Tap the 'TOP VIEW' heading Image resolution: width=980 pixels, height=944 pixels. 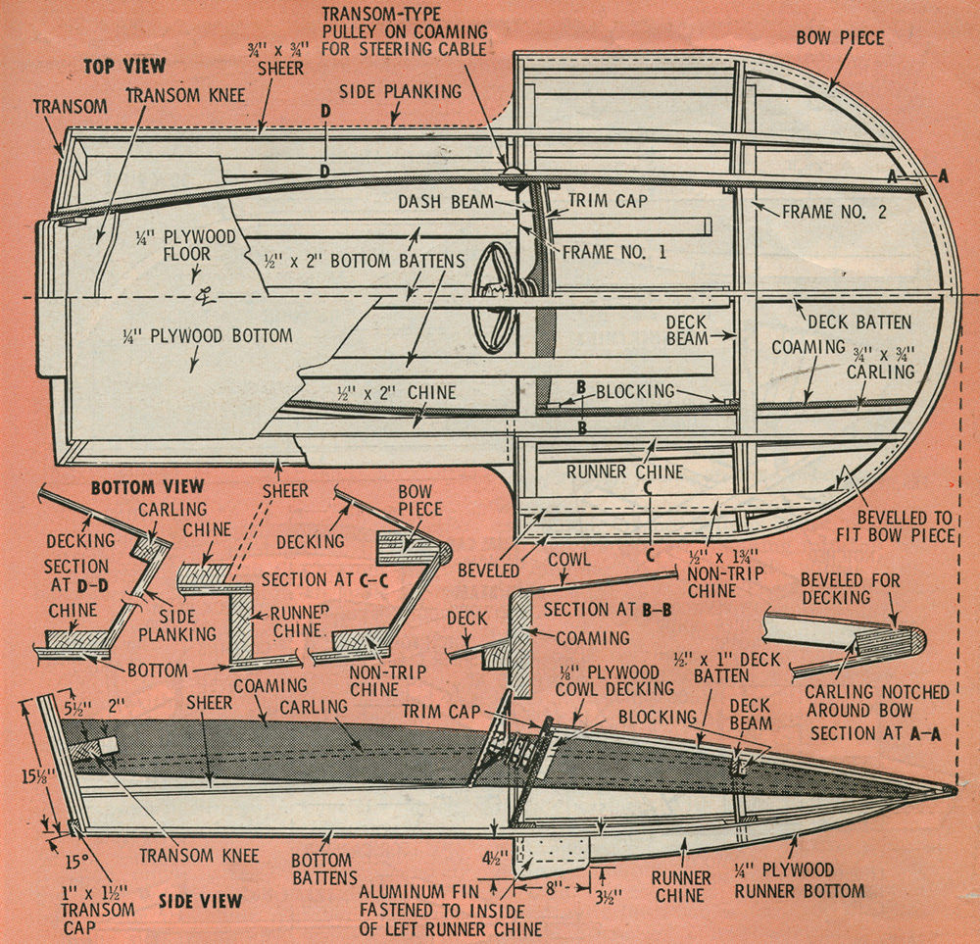[124, 66]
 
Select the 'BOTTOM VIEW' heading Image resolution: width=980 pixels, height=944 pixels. [147, 486]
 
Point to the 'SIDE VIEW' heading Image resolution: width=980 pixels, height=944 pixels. [201, 900]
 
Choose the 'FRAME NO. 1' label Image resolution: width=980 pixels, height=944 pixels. [614, 251]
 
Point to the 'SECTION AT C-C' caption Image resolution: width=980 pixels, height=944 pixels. [310, 578]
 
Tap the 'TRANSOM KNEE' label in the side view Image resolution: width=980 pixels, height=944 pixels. [199, 856]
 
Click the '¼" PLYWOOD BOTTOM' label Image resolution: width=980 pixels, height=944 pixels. [208, 336]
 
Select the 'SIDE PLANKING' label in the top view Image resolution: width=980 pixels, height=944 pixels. [400, 90]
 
